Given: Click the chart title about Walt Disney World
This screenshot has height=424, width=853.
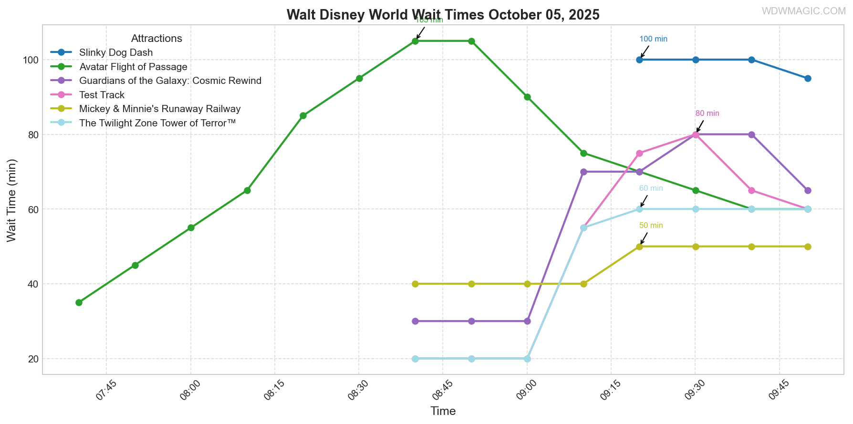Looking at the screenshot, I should coord(443,15).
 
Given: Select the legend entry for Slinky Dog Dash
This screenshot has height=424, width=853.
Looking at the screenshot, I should coord(116,52).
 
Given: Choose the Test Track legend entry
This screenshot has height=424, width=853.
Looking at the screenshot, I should coord(102,95).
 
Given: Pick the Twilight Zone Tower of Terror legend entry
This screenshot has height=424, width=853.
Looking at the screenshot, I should coord(157,123).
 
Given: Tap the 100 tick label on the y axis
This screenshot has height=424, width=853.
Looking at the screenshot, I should coord(30,60).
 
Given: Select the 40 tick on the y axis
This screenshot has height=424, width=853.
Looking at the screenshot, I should coord(32,284).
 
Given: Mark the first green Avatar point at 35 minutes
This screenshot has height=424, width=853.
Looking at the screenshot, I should coord(79,302).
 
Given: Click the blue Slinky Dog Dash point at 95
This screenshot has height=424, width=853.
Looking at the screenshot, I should coord(808,78).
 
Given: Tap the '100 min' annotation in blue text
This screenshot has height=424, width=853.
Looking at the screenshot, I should coord(653,39).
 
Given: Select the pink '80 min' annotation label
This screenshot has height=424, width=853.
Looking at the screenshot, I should coord(707,114).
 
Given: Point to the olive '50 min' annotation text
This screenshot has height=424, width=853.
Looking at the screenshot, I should coord(651,226).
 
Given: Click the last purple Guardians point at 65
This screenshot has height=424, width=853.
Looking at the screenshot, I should coord(808,190).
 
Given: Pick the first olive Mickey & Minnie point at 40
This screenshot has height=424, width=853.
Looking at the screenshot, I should coord(415,284).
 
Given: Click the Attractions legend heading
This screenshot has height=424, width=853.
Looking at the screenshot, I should coord(156,39).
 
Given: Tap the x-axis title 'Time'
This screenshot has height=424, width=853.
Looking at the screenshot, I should coord(443,411).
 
